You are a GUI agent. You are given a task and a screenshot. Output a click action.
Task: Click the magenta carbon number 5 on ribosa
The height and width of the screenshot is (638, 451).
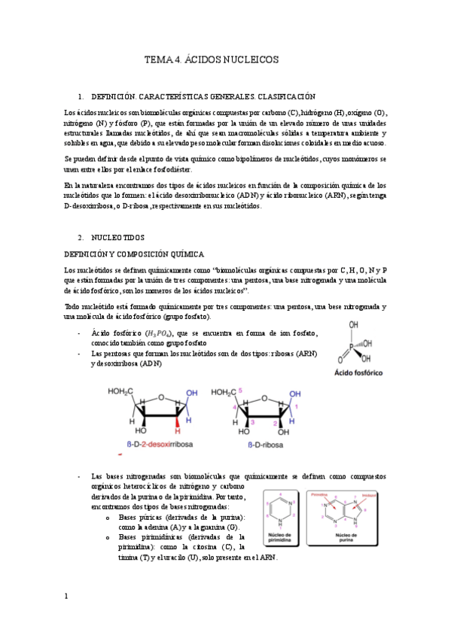point(240,391)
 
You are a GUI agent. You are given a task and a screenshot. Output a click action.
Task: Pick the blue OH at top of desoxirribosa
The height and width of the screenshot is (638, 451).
point(191,393)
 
